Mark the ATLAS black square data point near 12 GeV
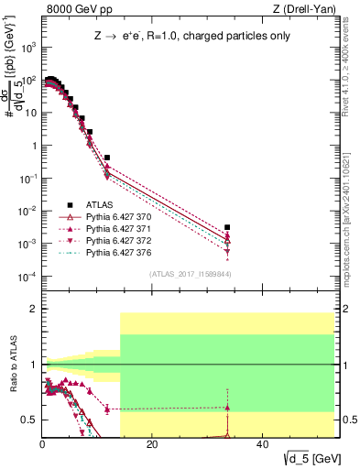[x=107, y=158]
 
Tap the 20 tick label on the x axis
[x=152, y=446]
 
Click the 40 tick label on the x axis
[x=262, y=446]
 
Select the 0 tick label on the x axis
[x=42, y=446]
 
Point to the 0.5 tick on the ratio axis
[x=29, y=420]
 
